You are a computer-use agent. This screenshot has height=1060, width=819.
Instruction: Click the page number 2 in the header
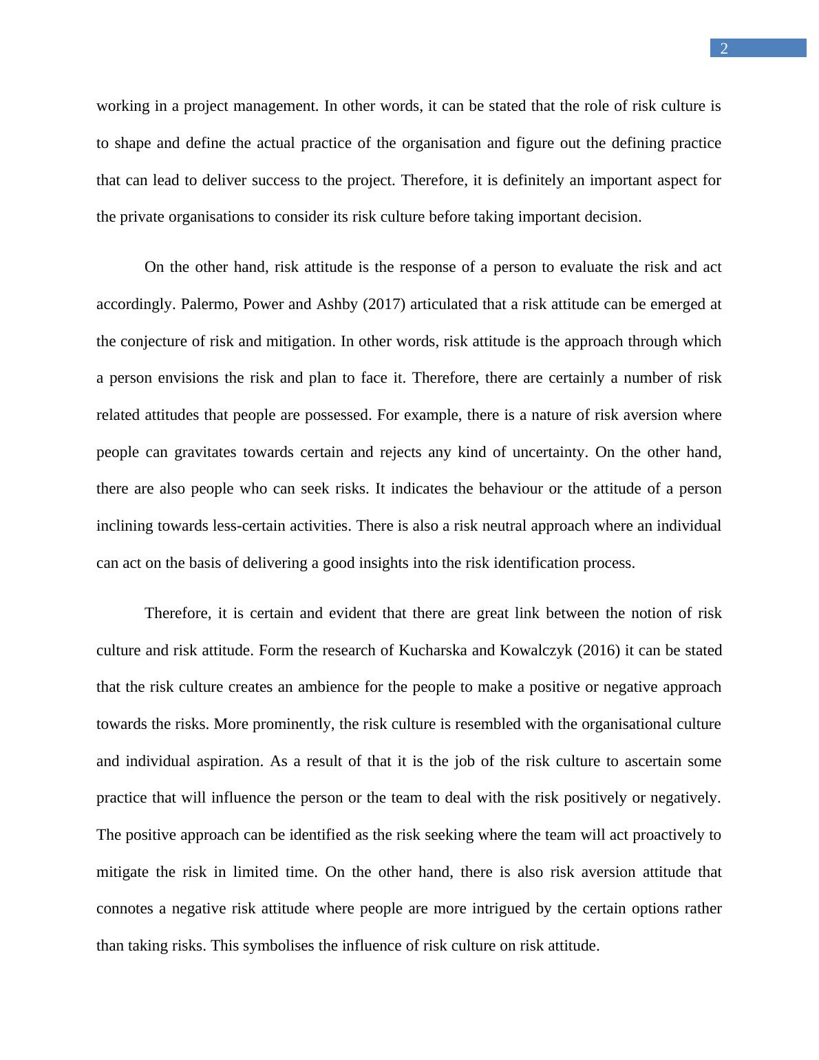pyautogui.click(x=723, y=48)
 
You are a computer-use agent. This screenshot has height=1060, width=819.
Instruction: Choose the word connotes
pyautogui.click(x=125, y=909)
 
